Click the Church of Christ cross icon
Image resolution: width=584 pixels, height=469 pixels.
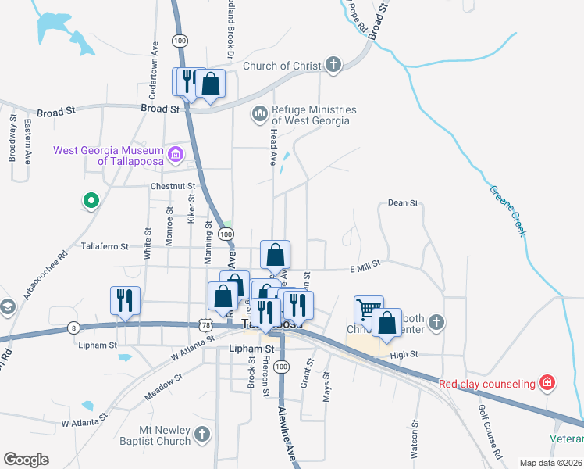click(333, 65)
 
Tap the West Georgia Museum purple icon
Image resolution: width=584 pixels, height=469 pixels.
click(175, 154)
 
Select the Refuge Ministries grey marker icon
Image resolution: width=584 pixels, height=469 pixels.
click(259, 116)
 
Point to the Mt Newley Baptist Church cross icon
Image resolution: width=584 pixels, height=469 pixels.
click(202, 434)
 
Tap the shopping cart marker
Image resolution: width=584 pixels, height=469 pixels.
click(368, 308)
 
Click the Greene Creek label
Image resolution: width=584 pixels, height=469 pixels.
click(508, 212)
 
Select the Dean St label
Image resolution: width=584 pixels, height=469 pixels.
click(403, 203)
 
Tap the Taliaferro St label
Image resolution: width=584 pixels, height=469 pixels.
click(105, 246)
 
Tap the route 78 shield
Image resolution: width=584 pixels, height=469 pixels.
click(205, 323)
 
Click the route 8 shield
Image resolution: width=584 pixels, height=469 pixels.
click(73, 328)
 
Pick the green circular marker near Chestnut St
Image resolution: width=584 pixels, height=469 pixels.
click(91, 202)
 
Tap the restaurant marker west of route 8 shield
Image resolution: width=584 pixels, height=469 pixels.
click(125, 300)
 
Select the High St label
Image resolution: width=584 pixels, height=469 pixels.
click(404, 355)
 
